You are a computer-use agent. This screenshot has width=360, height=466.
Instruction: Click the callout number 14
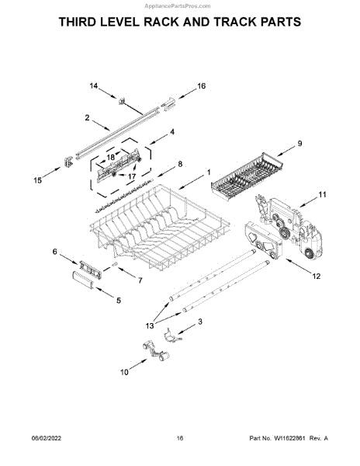(94, 86)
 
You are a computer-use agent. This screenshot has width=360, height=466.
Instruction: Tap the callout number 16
(202, 86)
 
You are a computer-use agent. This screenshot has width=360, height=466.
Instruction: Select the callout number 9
(299, 144)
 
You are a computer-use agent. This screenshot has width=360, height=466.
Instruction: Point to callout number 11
(322, 195)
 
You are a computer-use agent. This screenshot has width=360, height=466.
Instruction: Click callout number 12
(317, 276)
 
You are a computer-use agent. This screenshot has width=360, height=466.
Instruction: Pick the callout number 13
(150, 325)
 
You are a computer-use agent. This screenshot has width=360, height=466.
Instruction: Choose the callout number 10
(124, 372)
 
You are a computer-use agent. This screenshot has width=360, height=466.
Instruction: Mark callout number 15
(38, 180)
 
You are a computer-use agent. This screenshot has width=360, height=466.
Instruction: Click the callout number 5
(119, 301)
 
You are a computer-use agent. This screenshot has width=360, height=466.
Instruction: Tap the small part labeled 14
(121, 101)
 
